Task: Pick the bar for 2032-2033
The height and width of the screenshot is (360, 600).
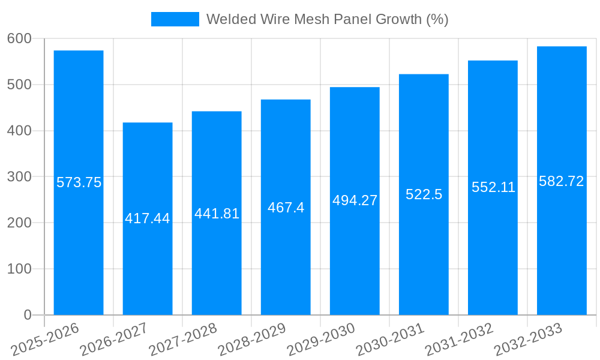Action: click(x=562, y=240)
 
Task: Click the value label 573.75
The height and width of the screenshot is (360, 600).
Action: click(x=79, y=182)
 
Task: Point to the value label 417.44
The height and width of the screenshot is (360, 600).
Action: click(x=148, y=218)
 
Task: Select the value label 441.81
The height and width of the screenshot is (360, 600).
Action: click(x=217, y=214)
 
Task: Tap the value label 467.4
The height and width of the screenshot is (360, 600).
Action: click(x=286, y=208)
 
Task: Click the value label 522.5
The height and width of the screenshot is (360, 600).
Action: click(x=424, y=194)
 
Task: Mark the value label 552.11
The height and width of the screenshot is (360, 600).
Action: click(x=493, y=187)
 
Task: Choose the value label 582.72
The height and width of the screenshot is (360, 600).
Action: click(x=562, y=181)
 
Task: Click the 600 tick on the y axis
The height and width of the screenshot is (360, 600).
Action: click(x=19, y=38)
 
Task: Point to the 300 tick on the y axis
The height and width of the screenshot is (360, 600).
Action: click(x=19, y=176)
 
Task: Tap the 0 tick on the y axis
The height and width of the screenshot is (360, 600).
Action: click(x=27, y=315)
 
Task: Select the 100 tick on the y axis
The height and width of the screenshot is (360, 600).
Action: click(x=19, y=269)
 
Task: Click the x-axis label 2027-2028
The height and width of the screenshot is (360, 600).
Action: click(x=183, y=339)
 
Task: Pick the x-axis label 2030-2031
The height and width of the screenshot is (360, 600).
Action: click(x=390, y=339)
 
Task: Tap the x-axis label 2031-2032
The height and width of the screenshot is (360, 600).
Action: click(x=459, y=339)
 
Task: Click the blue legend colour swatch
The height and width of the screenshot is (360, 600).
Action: click(x=175, y=19)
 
